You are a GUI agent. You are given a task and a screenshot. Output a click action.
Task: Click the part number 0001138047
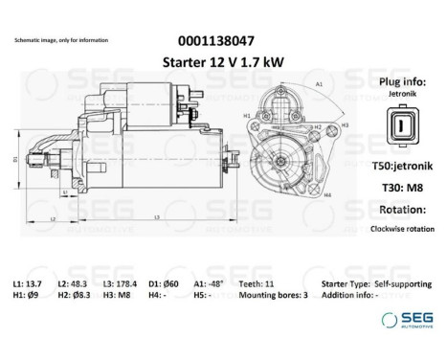(224, 41)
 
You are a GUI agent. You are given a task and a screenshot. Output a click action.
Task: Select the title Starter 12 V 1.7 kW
(224, 62)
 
